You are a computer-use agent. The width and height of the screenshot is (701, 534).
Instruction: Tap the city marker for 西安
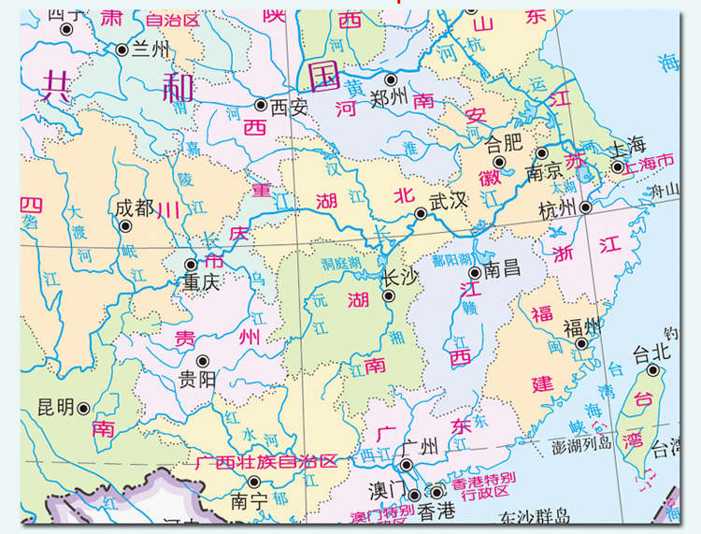pos(261,106)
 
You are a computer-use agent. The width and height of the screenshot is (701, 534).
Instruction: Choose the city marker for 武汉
pos(422,213)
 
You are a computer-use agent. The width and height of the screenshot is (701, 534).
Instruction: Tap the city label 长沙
pos(400,277)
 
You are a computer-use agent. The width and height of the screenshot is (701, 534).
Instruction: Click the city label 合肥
pos(506,144)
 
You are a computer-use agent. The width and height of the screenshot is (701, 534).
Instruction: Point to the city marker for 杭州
pos(585,208)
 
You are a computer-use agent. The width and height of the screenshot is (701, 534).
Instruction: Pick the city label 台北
pos(652,354)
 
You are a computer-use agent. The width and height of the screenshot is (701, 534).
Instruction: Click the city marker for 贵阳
pos(202,360)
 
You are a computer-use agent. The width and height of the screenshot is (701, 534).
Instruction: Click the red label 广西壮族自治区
pos(265,461)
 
